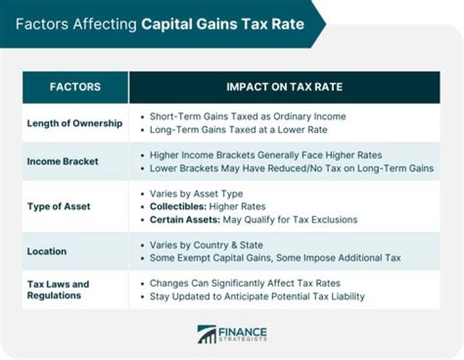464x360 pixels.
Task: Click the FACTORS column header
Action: [x=75, y=87]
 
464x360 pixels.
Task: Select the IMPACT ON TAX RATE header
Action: [x=284, y=87]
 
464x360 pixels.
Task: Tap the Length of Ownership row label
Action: [x=75, y=123]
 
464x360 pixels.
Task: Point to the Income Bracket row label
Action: [x=63, y=162]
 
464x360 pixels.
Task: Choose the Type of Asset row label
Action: [x=59, y=207]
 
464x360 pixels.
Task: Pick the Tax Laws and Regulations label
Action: [x=58, y=290]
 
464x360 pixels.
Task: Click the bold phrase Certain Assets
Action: [x=184, y=220]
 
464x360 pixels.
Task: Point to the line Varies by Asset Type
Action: [x=197, y=194]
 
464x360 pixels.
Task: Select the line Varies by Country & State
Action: [x=206, y=245]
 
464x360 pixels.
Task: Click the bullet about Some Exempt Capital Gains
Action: [x=275, y=258]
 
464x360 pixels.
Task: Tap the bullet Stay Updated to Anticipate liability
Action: [x=257, y=296]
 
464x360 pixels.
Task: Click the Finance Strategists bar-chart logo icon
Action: [x=207, y=334]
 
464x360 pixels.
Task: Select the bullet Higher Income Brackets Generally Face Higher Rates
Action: [x=266, y=155]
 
